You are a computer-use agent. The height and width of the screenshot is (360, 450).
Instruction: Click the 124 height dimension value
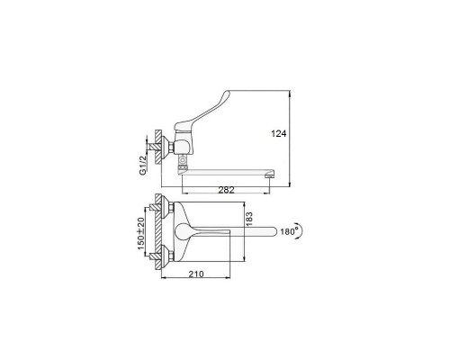[x=279, y=133]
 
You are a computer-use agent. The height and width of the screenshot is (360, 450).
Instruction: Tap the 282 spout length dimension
[x=226, y=190]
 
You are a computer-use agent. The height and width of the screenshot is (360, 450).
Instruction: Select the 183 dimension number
[x=249, y=220]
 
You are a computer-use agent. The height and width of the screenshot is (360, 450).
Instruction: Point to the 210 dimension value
[x=196, y=274]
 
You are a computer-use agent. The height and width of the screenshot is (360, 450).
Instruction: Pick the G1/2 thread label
[x=143, y=165]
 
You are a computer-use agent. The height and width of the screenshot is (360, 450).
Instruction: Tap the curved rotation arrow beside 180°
[x=301, y=230]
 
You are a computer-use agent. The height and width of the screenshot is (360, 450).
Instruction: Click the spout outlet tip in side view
[x=269, y=176]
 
